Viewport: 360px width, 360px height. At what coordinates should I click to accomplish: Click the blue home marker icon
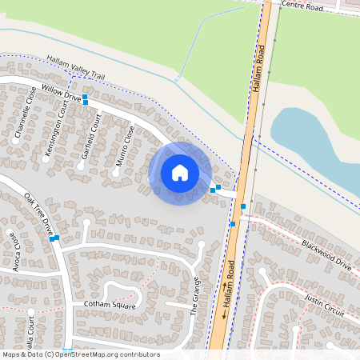(180, 173)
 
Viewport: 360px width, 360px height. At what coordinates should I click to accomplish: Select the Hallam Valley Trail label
(76, 67)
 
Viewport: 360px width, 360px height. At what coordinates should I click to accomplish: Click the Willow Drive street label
(61, 94)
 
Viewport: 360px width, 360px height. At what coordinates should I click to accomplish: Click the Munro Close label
(124, 146)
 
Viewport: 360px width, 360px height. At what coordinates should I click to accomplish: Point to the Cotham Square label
(110, 306)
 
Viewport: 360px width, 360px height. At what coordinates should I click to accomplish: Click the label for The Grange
(198, 297)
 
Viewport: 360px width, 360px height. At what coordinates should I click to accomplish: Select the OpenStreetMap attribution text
(81, 354)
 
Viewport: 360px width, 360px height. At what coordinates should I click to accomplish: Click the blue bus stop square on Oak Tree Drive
(52, 238)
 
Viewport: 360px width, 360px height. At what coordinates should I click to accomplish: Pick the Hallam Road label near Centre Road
(260, 68)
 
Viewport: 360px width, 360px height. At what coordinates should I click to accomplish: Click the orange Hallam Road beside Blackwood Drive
(235, 240)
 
